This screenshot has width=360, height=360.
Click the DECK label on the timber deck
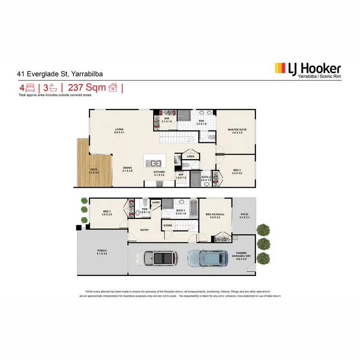click(x=94, y=170)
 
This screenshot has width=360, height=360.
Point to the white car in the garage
click(x=157, y=259)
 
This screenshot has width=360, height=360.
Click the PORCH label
click(x=102, y=251)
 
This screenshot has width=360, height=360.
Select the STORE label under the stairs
click(x=168, y=225)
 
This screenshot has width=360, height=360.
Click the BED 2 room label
click(x=237, y=170)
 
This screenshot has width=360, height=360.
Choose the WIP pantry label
click(x=181, y=175)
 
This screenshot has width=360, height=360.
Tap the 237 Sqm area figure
click(x=87, y=88)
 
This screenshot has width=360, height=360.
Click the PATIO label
click(x=245, y=215)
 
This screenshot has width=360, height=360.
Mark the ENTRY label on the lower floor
click(x=144, y=230)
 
